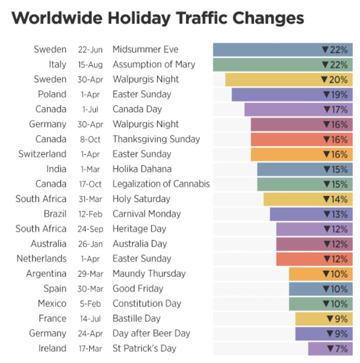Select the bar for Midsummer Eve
pyautogui.click(x=267, y=50)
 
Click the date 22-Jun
pyautogui.click(x=90, y=50)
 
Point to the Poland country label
pyautogui.click(x=52, y=94)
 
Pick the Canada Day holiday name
pyautogui.click(x=137, y=109)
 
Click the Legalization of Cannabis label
pyautogui.click(x=161, y=184)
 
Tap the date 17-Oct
pyautogui.click(x=90, y=184)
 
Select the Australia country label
pyautogui.click(x=48, y=244)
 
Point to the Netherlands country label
pyautogui.click(x=42, y=258)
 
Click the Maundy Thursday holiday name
pyautogui.click(x=149, y=273)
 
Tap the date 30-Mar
pyautogui.click(x=90, y=289)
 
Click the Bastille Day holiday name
pyautogui.click(x=136, y=318)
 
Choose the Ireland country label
pyautogui.click(x=53, y=349)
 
